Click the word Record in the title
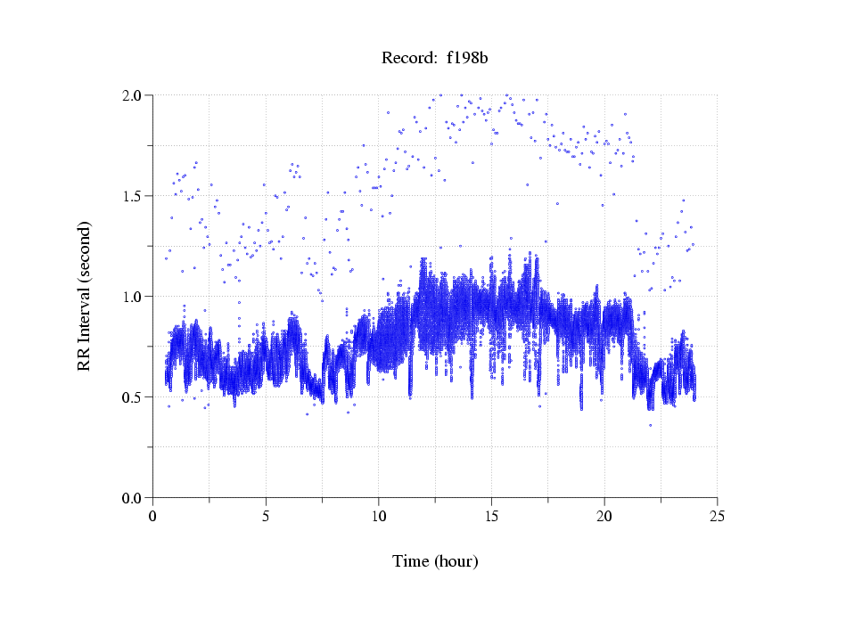(408, 59)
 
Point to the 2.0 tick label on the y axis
(135, 95)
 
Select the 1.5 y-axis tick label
(135, 196)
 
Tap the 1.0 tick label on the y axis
(135, 297)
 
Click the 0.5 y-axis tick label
(135, 397)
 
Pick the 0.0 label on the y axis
(135, 498)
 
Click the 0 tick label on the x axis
(153, 516)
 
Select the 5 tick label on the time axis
(266, 516)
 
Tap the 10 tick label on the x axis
(379, 516)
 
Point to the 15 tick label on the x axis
(491, 516)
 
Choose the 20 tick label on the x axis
(604, 516)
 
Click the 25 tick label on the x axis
(717, 516)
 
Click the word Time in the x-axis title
(411, 561)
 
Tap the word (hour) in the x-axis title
(456, 561)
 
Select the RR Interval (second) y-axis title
(85, 296)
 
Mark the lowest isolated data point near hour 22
(650, 425)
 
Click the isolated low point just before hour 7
(307, 413)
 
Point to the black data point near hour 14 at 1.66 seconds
(473, 162)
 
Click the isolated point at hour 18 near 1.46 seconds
(557, 204)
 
